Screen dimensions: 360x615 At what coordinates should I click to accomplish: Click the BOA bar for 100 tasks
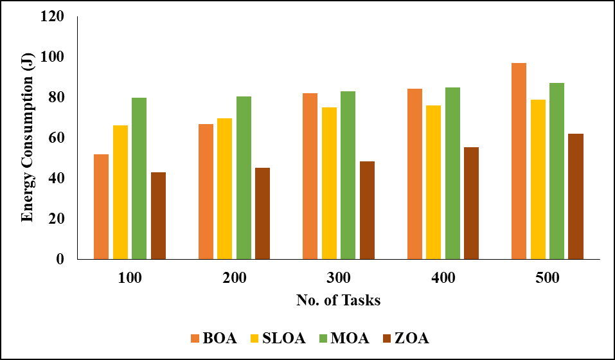pyautogui.click(x=101, y=206)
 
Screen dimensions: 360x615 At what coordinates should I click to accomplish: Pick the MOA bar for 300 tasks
pyautogui.click(x=348, y=175)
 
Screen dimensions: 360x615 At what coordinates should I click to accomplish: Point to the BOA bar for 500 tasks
pyautogui.click(x=519, y=161)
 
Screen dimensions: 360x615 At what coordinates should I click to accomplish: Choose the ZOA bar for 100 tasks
pyautogui.click(x=158, y=215)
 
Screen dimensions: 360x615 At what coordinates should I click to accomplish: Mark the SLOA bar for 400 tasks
pyautogui.click(x=433, y=182)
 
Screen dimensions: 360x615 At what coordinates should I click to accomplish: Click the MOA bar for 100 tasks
pyautogui.click(x=139, y=178)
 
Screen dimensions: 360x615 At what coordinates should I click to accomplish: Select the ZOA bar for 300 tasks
pyautogui.click(x=367, y=210)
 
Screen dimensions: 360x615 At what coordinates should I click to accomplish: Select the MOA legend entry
pyautogui.click(x=343, y=338)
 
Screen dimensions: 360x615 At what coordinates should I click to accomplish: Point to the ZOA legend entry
pyautogui.click(x=406, y=338)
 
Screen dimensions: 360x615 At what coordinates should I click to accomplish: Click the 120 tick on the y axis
pyautogui.click(x=53, y=16)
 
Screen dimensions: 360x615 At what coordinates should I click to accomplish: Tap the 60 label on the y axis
pyautogui.click(x=57, y=138)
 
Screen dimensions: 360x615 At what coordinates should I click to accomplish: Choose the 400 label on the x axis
pyautogui.click(x=443, y=278)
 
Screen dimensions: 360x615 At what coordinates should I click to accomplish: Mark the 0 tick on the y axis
pyautogui.click(x=61, y=259)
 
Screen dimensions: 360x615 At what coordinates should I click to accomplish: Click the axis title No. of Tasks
pyautogui.click(x=338, y=300)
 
